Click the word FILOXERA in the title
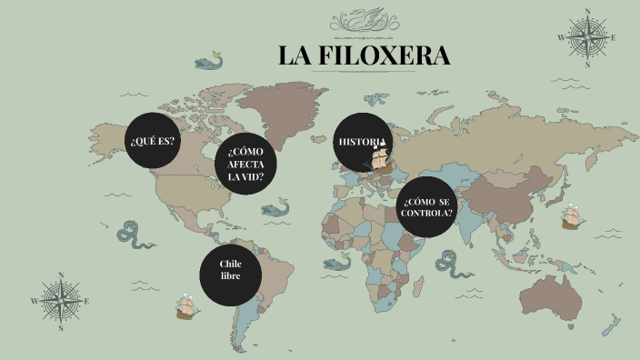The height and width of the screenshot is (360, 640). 384,56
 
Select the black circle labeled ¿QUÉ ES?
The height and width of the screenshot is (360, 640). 153,142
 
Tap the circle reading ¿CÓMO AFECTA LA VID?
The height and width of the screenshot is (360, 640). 245,164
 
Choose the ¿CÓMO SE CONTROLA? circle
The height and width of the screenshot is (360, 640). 425,207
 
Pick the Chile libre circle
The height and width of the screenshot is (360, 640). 230,270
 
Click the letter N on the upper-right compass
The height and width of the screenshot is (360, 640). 588,12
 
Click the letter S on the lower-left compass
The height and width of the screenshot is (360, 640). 60,328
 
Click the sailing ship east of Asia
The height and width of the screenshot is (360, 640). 571,217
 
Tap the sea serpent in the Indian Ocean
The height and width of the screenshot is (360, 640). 451,264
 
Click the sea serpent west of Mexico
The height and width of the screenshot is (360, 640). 133,234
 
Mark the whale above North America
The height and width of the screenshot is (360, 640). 209,63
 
